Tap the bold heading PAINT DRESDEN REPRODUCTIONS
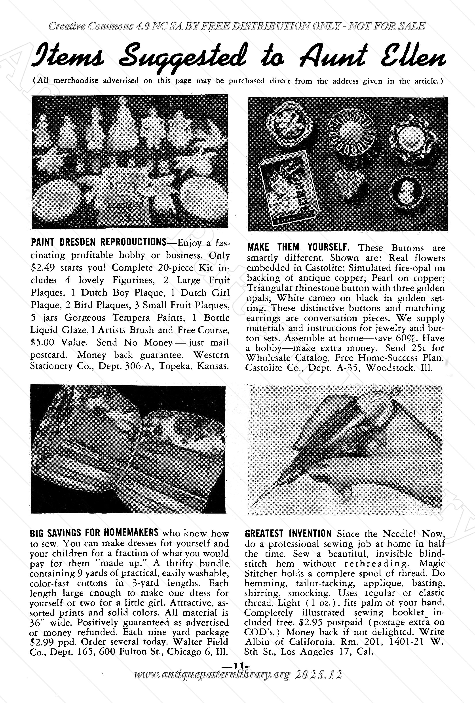[98, 242]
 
